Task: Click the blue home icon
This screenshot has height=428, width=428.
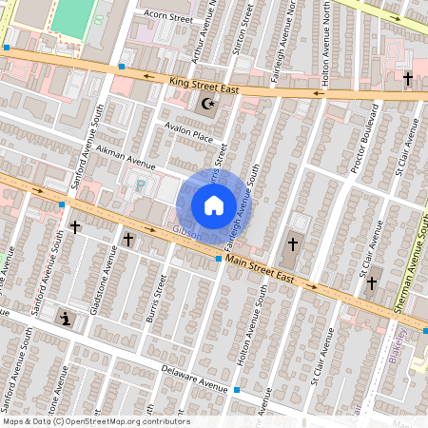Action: coord(214,205)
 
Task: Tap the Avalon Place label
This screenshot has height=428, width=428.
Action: coord(189,135)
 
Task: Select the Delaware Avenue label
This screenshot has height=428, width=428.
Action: coord(194,379)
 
